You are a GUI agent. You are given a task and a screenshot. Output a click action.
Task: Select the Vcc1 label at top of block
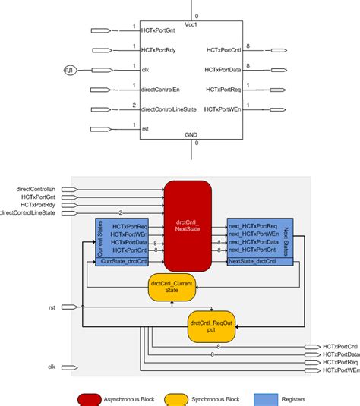click(191, 24)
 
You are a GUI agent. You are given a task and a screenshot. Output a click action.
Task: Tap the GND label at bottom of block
click(191, 134)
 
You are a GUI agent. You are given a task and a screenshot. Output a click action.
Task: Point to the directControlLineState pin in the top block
click(169, 109)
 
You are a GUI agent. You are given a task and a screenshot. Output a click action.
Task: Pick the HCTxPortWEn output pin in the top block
click(223, 109)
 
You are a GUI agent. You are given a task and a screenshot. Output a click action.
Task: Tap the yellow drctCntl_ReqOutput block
click(213, 327)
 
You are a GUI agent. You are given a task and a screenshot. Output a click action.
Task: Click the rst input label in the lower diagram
click(50, 307)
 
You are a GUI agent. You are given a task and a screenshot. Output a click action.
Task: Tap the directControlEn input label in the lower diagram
click(36, 187)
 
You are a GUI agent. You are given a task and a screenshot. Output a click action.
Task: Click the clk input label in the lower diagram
click(51, 367)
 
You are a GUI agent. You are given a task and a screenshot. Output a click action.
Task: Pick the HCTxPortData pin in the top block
click(224, 70)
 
